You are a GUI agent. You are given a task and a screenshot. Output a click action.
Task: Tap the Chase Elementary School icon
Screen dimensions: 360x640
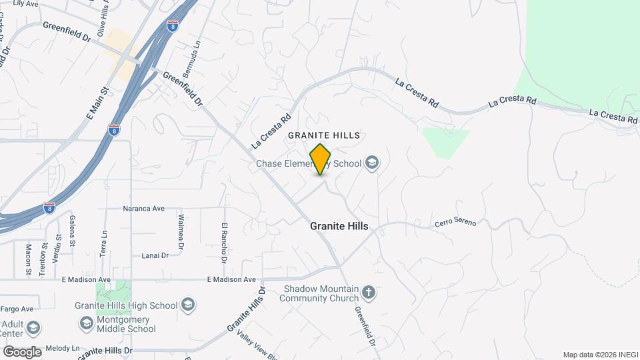[372, 163]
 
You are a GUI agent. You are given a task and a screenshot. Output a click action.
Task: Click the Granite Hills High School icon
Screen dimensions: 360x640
[188, 305]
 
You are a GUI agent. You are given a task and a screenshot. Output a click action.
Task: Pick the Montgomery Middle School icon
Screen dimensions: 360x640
[86, 323]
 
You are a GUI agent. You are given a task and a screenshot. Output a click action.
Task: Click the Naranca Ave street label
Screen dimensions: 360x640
[143, 209]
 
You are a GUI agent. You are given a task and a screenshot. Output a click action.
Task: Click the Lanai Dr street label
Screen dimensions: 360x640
[154, 255]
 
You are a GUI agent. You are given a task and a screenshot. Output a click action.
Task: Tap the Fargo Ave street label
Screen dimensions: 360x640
[17, 309]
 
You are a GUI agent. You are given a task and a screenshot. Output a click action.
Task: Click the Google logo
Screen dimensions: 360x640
[21, 352]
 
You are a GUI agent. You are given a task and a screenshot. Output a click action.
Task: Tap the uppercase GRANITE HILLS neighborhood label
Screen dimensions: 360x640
[324, 135]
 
